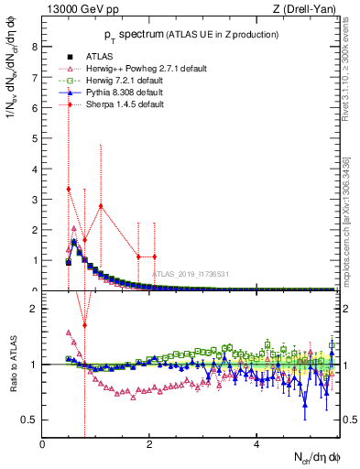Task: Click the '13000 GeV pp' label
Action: pyautogui.click(x=78, y=9)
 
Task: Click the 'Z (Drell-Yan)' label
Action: pyautogui.click(x=308, y=9)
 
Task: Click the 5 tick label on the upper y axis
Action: pyautogui.click(x=36, y=137)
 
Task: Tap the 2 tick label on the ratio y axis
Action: pyautogui.click(x=36, y=309)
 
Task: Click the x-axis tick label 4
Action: pyautogui.click(x=256, y=445)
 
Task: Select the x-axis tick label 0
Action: pyautogui.click(x=43, y=445)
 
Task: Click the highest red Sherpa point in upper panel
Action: pyautogui.click(x=69, y=189)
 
